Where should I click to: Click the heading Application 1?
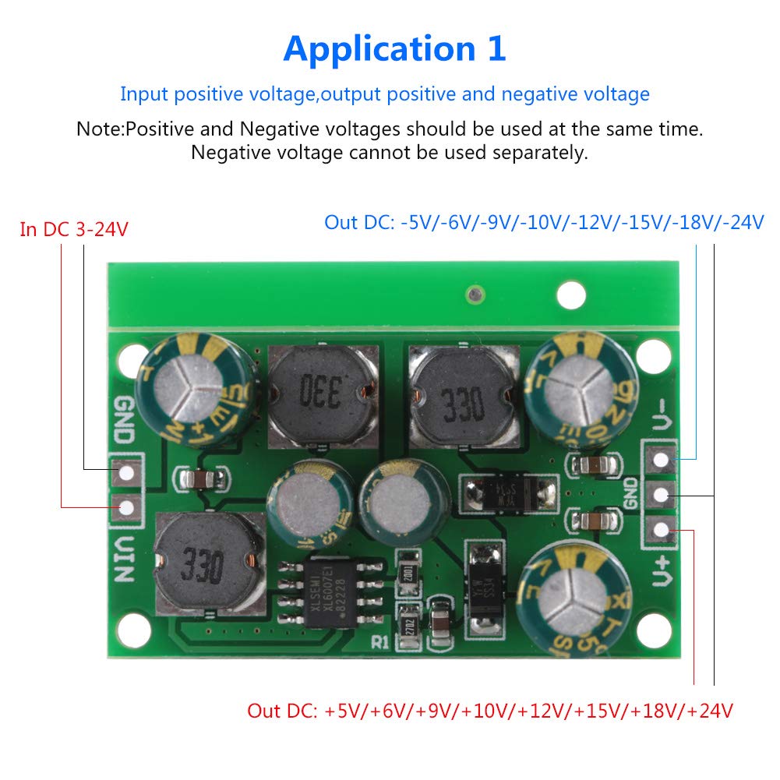pyautogui.click(x=394, y=49)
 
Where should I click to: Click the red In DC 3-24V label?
pyautogui.click(x=73, y=230)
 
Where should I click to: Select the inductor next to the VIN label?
pyautogui.click(x=204, y=563)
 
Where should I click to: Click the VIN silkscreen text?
pyautogui.click(x=124, y=557)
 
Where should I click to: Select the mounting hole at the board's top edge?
pyautogui.click(x=572, y=295)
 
